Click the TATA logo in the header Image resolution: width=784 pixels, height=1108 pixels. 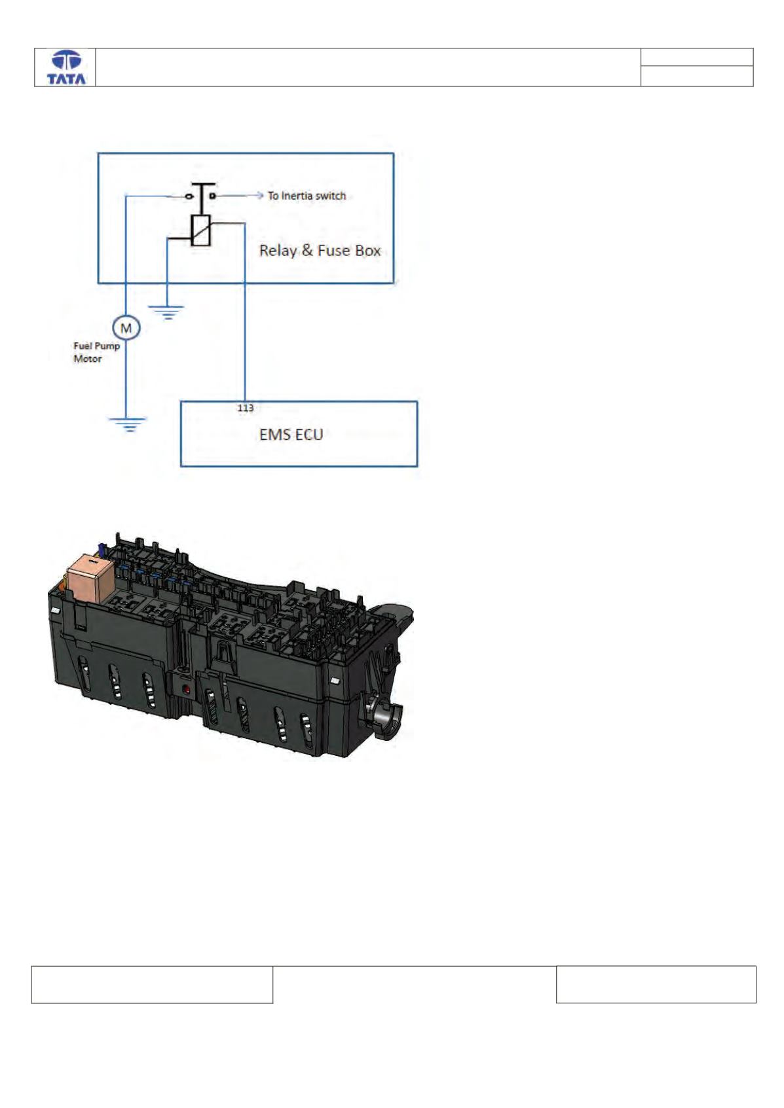tap(66, 67)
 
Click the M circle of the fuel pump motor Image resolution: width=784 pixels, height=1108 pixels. tap(126, 327)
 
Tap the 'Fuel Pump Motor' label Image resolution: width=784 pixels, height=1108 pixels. tap(96, 352)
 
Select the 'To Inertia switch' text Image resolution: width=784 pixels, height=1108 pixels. tap(307, 196)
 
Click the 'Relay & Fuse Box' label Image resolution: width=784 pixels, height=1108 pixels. tap(320, 251)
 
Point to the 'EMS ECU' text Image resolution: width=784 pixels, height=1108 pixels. tap(291, 435)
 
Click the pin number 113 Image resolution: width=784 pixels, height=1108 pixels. tap(246, 408)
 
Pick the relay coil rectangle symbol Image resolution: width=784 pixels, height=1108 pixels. tap(201, 230)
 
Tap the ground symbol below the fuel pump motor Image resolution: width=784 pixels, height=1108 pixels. tap(128, 424)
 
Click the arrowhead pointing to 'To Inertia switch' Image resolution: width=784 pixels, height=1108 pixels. tap(260, 196)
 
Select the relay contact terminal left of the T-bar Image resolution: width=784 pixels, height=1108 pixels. tap(189, 197)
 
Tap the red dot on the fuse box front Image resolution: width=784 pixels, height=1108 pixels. tap(187, 688)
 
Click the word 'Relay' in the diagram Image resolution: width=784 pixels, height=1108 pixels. tap(278, 251)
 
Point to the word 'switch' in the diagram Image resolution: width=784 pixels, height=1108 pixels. tap(331, 196)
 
